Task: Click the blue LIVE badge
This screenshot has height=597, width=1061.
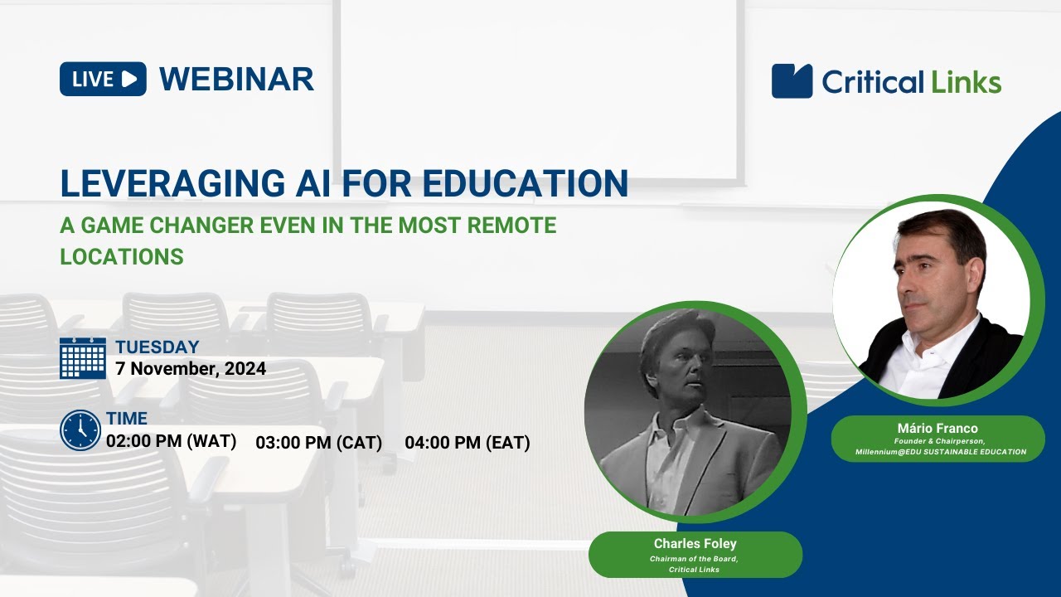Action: pyautogui.click(x=103, y=79)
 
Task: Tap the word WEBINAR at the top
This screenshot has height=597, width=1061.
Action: pyautogui.click(x=236, y=79)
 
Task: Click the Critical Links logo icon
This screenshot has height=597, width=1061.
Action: pyautogui.click(x=792, y=81)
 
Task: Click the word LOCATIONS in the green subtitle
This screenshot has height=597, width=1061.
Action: pyautogui.click(x=122, y=256)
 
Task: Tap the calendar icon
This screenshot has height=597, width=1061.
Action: pyautogui.click(x=83, y=358)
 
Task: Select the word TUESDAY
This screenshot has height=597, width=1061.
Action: pyautogui.click(x=157, y=347)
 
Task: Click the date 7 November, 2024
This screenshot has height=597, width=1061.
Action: pyautogui.click(x=191, y=369)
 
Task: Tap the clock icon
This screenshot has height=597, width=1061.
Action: pyautogui.click(x=80, y=430)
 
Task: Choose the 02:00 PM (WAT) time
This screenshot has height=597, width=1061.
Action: pyautogui.click(x=172, y=441)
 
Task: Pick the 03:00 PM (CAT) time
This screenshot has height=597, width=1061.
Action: pyautogui.click(x=319, y=443)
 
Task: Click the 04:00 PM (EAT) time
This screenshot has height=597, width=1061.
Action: pyautogui.click(x=468, y=443)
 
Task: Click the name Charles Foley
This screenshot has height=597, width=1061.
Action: pyautogui.click(x=695, y=544)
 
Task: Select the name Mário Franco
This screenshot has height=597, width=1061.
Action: pyautogui.click(x=937, y=428)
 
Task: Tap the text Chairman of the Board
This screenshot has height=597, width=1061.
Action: pyautogui.click(x=695, y=559)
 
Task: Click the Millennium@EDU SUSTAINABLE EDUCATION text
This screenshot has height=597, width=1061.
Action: pyautogui.click(x=940, y=452)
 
